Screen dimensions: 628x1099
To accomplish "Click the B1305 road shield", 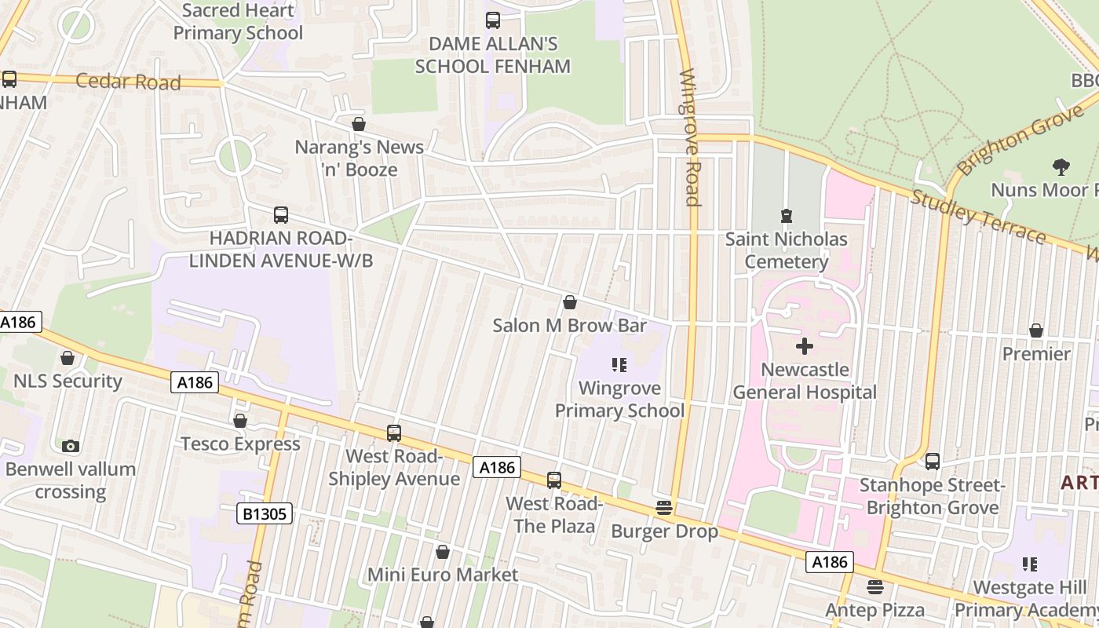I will (265, 514).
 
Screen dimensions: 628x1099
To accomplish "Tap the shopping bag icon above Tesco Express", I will (240, 422).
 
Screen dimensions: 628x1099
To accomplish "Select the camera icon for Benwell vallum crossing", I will (71, 446).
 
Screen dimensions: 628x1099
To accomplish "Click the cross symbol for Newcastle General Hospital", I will (805, 345).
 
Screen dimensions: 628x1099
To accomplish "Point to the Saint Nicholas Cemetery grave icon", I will (786, 215).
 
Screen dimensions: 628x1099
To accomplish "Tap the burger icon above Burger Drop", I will (664, 508).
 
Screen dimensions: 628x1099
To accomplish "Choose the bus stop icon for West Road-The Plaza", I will (554, 480).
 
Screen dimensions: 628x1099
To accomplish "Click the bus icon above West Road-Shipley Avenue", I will (394, 433).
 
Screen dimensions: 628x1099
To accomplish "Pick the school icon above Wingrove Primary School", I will (619, 364).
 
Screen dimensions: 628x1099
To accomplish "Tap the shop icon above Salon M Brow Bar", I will (570, 302).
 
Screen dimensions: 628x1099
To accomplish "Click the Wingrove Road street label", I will (689, 137).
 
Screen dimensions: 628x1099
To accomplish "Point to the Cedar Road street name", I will (128, 82).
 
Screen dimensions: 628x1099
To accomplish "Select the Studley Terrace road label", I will (978, 217).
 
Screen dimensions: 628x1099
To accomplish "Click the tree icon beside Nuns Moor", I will (1061, 166).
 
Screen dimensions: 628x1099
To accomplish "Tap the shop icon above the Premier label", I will (1036, 330).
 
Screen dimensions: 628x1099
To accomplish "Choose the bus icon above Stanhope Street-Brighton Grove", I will (933, 461).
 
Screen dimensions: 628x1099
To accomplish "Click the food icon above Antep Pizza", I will (875, 586).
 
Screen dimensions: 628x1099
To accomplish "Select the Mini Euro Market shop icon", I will (443, 552).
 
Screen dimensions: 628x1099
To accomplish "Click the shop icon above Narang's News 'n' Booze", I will (359, 124).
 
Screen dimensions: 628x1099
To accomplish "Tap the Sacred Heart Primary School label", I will (238, 22).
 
